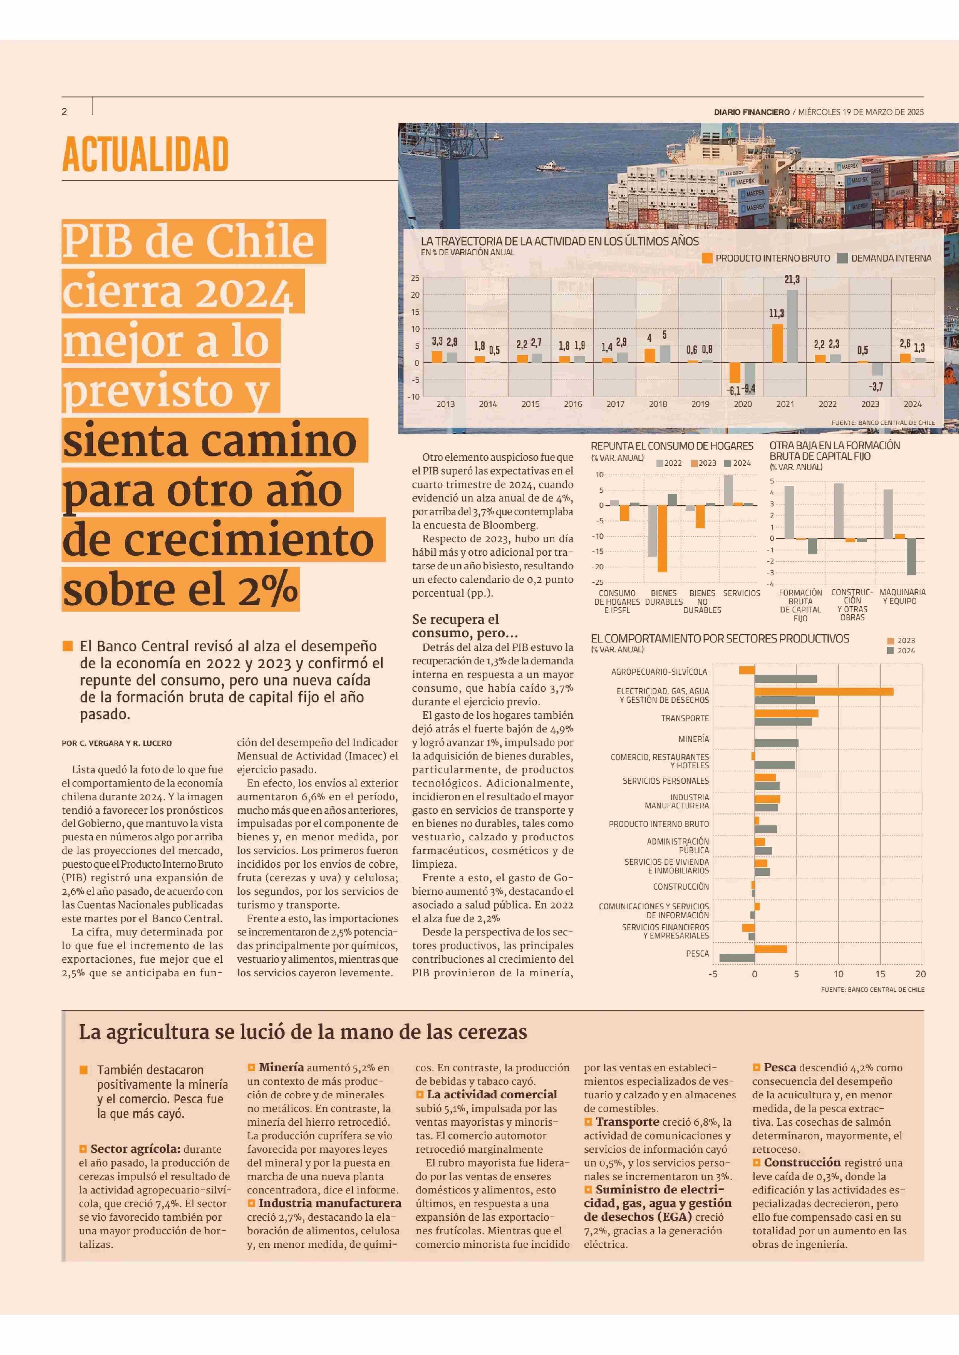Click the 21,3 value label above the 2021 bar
[x=792, y=279]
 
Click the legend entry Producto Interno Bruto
[x=766, y=258]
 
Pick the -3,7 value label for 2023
[x=876, y=387]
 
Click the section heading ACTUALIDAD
[x=145, y=154]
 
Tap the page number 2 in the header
[x=64, y=112]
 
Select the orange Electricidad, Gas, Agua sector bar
[x=824, y=691]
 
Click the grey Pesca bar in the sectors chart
[x=737, y=958]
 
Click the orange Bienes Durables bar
[x=663, y=538]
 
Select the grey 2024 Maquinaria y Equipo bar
[x=912, y=557]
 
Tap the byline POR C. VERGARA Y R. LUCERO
[x=117, y=743]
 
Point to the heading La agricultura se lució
[x=303, y=1032]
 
